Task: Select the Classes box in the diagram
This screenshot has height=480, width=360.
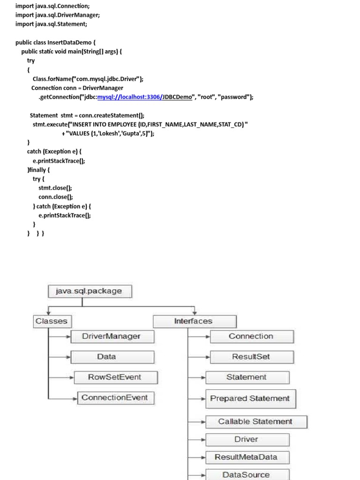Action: (x=52, y=322)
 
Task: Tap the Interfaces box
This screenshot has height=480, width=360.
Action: (x=195, y=322)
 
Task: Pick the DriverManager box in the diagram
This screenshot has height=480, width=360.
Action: (x=112, y=337)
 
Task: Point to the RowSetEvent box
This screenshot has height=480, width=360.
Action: (x=115, y=377)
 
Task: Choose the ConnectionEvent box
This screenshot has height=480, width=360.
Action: (x=115, y=398)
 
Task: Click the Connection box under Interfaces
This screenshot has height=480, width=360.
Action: (x=252, y=337)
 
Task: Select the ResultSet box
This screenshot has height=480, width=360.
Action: (x=252, y=357)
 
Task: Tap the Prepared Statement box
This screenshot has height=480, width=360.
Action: (x=250, y=398)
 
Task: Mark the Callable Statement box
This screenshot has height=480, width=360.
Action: (x=256, y=422)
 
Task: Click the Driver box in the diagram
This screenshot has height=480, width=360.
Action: (x=247, y=440)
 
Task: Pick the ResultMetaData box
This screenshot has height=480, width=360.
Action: (x=247, y=457)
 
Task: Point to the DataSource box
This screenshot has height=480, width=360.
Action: (x=247, y=474)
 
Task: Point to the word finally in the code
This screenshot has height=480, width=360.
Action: (x=38, y=170)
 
